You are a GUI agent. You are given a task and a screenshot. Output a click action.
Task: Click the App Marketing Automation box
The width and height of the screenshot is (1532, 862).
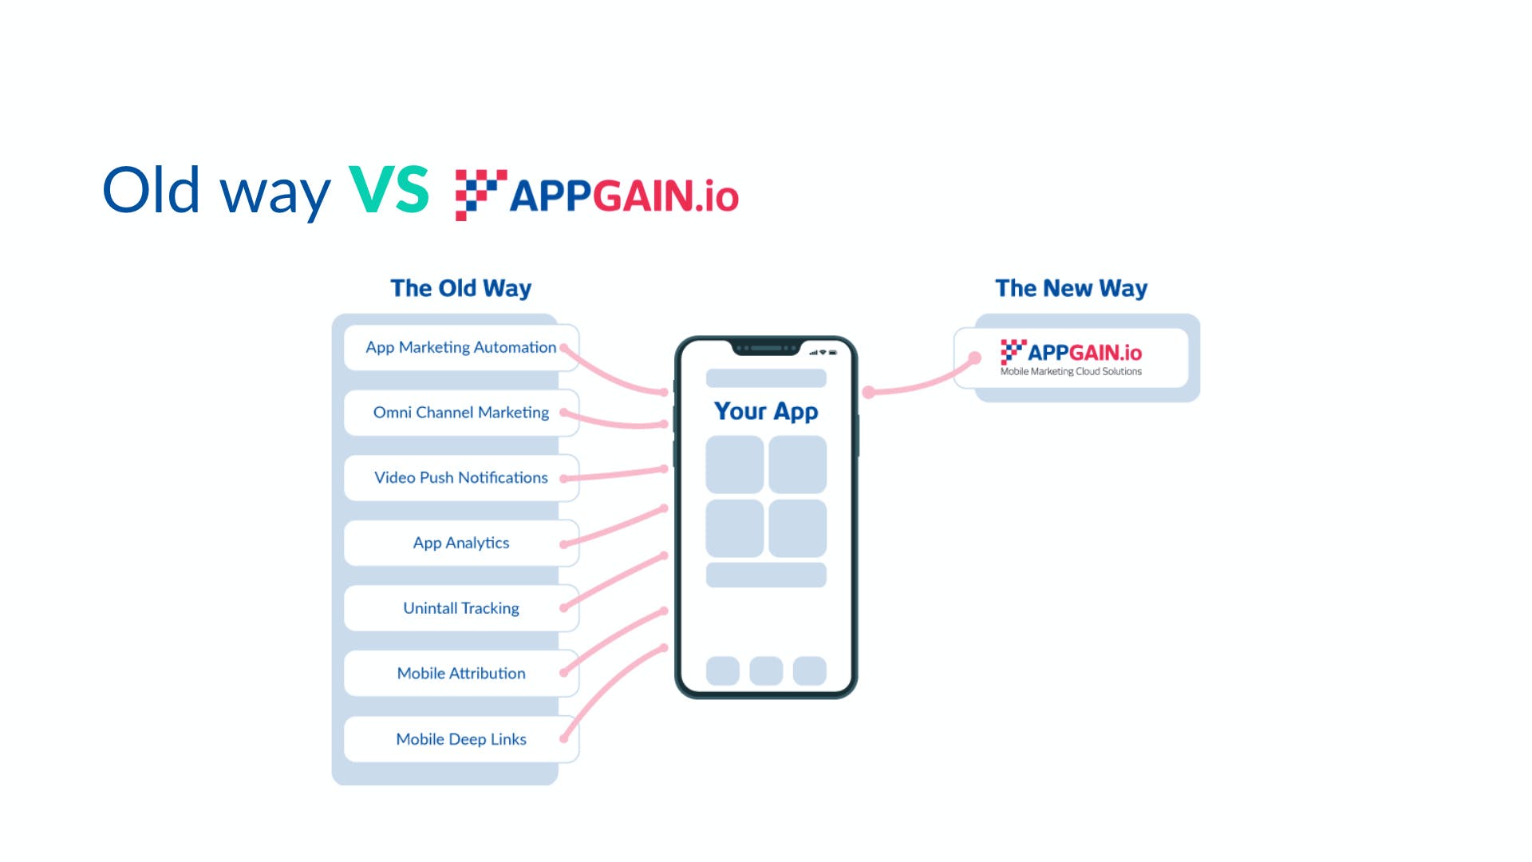(x=460, y=347)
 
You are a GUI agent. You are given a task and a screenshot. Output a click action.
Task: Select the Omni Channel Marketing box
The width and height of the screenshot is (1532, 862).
(x=460, y=413)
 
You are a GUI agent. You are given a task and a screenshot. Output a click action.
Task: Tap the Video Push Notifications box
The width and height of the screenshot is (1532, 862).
(x=460, y=477)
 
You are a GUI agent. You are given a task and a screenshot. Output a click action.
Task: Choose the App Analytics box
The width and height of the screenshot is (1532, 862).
(x=460, y=543)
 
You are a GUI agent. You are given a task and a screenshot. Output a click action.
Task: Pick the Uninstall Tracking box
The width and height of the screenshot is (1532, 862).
(x=460, y=608)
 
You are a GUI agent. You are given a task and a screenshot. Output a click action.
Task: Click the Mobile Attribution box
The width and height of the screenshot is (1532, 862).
(x=460, y=674)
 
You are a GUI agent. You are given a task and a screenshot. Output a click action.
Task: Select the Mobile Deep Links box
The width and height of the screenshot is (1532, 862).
(x=460, y=739)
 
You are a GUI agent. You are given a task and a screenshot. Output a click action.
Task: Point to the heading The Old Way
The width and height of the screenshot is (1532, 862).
(x=460, y=288)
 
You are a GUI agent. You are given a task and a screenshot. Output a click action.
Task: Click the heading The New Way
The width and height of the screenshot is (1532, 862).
(x=1071, y=288)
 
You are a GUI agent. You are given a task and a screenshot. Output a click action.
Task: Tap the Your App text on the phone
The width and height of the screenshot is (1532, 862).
(x=766, y=411)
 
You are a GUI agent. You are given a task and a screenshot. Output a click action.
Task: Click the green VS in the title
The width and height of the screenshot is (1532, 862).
(x=389, y=190)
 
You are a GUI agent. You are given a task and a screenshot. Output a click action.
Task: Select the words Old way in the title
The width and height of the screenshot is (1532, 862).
(x=216, y=192)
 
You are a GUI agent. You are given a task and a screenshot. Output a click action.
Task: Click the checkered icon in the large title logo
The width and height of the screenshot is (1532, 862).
(x=480, y=194)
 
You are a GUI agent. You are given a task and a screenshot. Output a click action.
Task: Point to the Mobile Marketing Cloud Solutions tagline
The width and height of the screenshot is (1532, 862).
(x=1071, y=372)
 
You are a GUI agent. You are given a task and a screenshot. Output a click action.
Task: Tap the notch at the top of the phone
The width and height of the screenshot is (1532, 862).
(x=766, y=349)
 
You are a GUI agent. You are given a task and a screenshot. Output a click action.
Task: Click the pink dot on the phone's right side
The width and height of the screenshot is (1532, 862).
(x=869, y=392)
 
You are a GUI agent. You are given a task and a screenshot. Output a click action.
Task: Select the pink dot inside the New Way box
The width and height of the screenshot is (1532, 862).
(x=974, y=358)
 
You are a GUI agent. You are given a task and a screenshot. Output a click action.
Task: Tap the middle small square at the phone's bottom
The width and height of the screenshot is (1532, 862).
(x=766, y=670)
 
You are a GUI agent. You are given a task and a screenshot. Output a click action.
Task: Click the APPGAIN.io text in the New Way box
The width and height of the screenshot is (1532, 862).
(x=1084, y=353)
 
